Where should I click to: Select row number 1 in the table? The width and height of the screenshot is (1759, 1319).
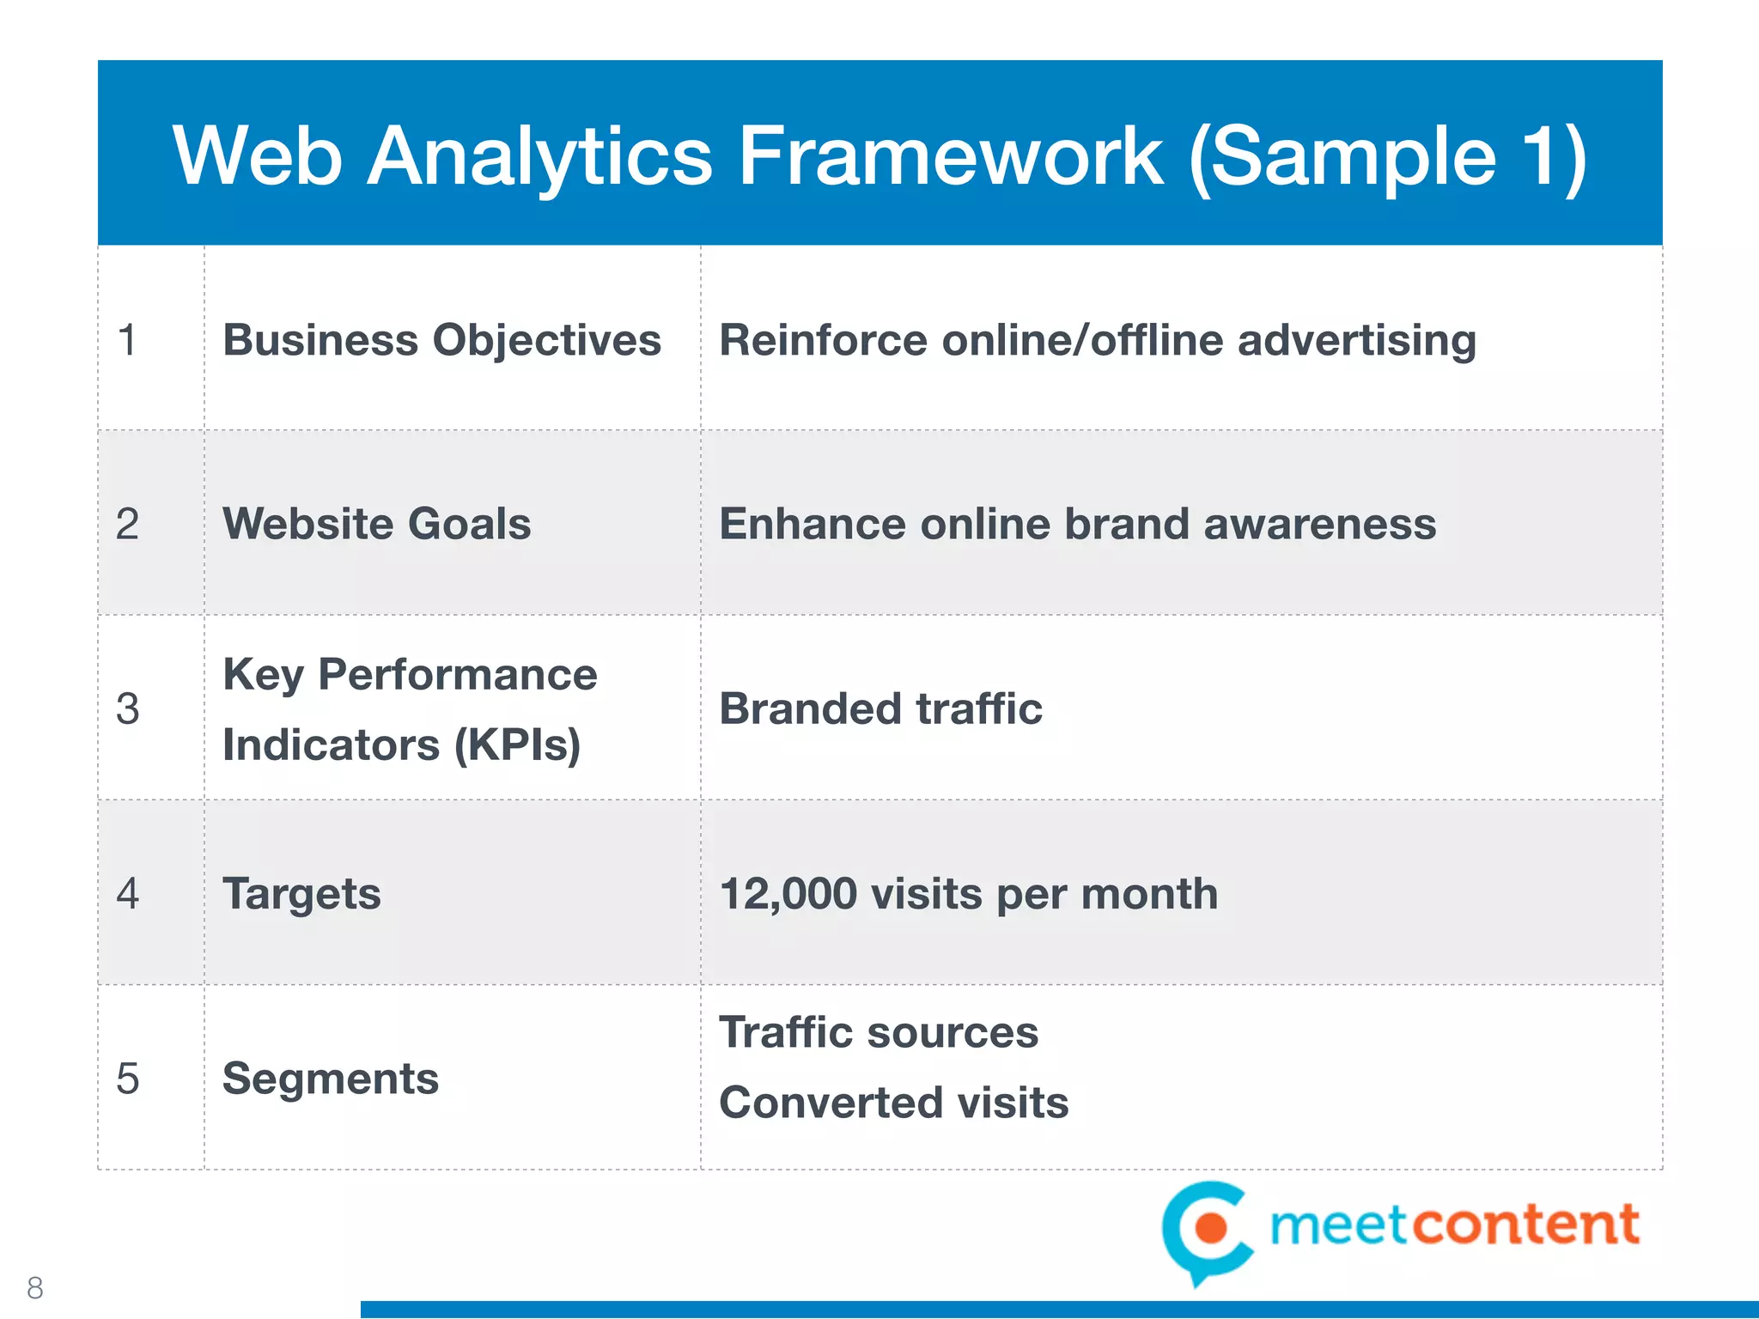click(x=127, y=340)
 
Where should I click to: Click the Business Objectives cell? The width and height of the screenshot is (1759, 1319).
click(x=441, y=340)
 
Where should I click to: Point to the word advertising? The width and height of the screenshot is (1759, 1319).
click(x=1357, y=340)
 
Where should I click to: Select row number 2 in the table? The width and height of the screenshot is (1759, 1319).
click(x=127, y=524)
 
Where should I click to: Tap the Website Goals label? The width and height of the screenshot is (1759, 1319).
click(x=376, y=524)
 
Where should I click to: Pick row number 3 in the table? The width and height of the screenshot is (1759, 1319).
click(x=127, y=709)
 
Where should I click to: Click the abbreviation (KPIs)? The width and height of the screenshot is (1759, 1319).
click(x=517, y=745)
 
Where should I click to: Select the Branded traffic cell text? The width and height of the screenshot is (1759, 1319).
click(x=880, y=709)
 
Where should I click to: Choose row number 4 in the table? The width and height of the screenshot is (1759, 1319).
click(x=127, y=894)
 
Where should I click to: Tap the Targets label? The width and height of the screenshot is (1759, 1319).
click(x=301, y=894)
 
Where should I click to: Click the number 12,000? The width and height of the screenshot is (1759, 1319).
click(x=788, y=894)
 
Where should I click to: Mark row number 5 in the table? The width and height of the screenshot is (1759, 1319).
click(x=127, y=1079)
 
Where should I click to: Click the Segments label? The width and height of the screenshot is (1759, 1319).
click(x=330, y=1079)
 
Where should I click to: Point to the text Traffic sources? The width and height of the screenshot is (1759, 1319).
click(x=879, y=1032)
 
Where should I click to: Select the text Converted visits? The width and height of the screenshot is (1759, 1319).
click(x=893, y=1103)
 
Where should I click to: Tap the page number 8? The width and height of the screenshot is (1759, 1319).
click(x=35, y=1287)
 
